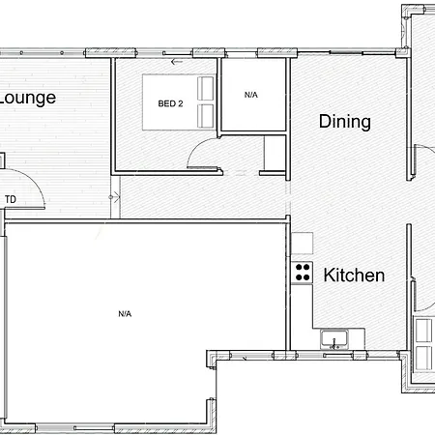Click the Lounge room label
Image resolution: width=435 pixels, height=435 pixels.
click(x=28, y=99)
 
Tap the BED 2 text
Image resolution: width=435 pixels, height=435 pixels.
click(x=170, y=103)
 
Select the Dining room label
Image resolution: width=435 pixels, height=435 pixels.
click(x=345, y=122)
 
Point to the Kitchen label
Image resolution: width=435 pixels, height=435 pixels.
click(x=354, y=275)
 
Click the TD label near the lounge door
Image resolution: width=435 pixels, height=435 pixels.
click(x=11, y=199)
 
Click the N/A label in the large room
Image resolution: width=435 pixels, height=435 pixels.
click(x=125, y=313)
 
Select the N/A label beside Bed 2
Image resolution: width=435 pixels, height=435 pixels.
click(x=251, y=95)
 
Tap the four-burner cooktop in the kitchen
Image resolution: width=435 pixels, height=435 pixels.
click(x=302, y=273)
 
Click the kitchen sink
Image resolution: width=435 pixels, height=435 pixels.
click(x=334, y=339)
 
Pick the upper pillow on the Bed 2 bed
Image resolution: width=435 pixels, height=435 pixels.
click(x=205, y=88)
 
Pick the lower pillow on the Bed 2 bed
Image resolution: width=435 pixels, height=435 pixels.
click(x=205, y=115)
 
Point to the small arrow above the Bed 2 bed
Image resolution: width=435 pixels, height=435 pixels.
click(x=177, y=62)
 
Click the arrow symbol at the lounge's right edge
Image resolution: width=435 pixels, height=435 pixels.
click(x=114, y=197)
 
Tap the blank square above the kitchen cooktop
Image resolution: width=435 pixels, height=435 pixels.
click(x=303, y=244)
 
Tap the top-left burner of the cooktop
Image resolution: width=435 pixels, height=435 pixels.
click(x=299, y=267)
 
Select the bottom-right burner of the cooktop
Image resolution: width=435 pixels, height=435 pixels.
click(x=306, y=277)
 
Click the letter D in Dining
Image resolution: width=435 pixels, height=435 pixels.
click(x=325, y=121)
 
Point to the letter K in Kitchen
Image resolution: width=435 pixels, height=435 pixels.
click(x=329, y=275)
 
